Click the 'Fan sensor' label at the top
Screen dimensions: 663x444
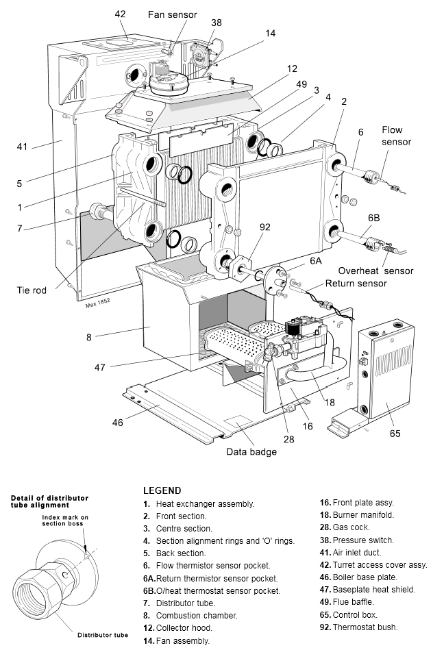point(172,14)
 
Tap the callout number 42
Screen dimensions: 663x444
point(120,13)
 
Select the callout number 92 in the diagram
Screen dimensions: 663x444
point(265,227)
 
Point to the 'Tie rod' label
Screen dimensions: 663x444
point(32,290)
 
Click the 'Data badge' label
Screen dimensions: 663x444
point(251,451)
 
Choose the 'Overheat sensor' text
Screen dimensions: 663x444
point(375,271)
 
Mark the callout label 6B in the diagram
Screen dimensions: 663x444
point(373,217)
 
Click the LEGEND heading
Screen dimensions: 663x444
point(162,490)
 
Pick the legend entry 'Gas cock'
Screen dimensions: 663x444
point(351,527)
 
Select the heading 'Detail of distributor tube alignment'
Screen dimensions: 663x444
point(49,500)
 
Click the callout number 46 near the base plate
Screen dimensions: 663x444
point(118,423)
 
